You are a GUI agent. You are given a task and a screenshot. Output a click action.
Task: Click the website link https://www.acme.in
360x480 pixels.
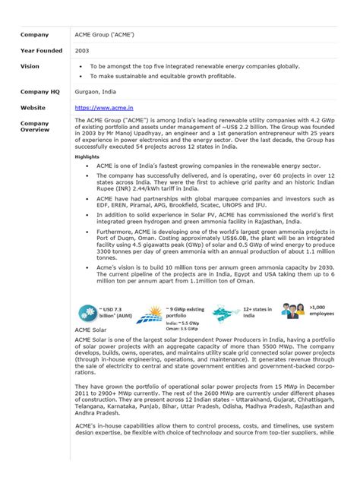coord(100,108)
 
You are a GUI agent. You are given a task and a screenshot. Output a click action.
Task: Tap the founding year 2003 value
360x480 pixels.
coord(82,50)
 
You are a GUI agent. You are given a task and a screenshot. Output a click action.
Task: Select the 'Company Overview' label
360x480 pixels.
coord(35,126)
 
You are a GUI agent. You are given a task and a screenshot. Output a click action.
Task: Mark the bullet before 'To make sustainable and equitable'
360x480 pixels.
coord(81,77)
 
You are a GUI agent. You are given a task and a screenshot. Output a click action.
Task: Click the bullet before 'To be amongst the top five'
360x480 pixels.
coord(81,66)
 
